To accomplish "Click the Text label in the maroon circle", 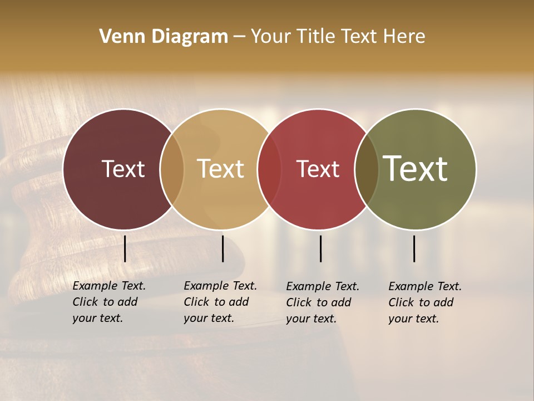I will click(x=123, y=169).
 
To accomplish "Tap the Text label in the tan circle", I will click(x=221, y=169).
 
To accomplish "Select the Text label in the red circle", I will click(x=318, y=169).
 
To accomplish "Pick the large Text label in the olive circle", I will click(x=416, y=169).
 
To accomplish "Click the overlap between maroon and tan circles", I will click(x=172, y=169).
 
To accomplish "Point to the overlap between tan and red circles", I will click(x=269, y=169).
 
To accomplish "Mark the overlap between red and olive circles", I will click(x=367, y=169).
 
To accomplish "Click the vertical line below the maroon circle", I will click(x=125, y=248).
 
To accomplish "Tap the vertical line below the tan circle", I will click(x=222, y=248).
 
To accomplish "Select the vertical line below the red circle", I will click(x=320, y=248).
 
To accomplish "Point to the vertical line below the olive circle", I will click(x=414, y=248).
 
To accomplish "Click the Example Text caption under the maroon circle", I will click(x=108, y=302).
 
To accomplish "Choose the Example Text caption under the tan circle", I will click(x=220, y=302).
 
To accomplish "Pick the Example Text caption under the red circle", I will click(x=322, y=302).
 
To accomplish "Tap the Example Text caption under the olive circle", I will click(x=424, y=302).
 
